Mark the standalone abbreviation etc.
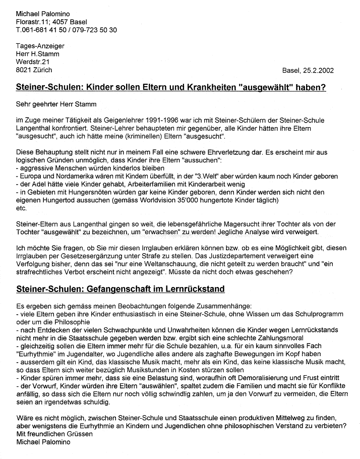click(x=21, y=208)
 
